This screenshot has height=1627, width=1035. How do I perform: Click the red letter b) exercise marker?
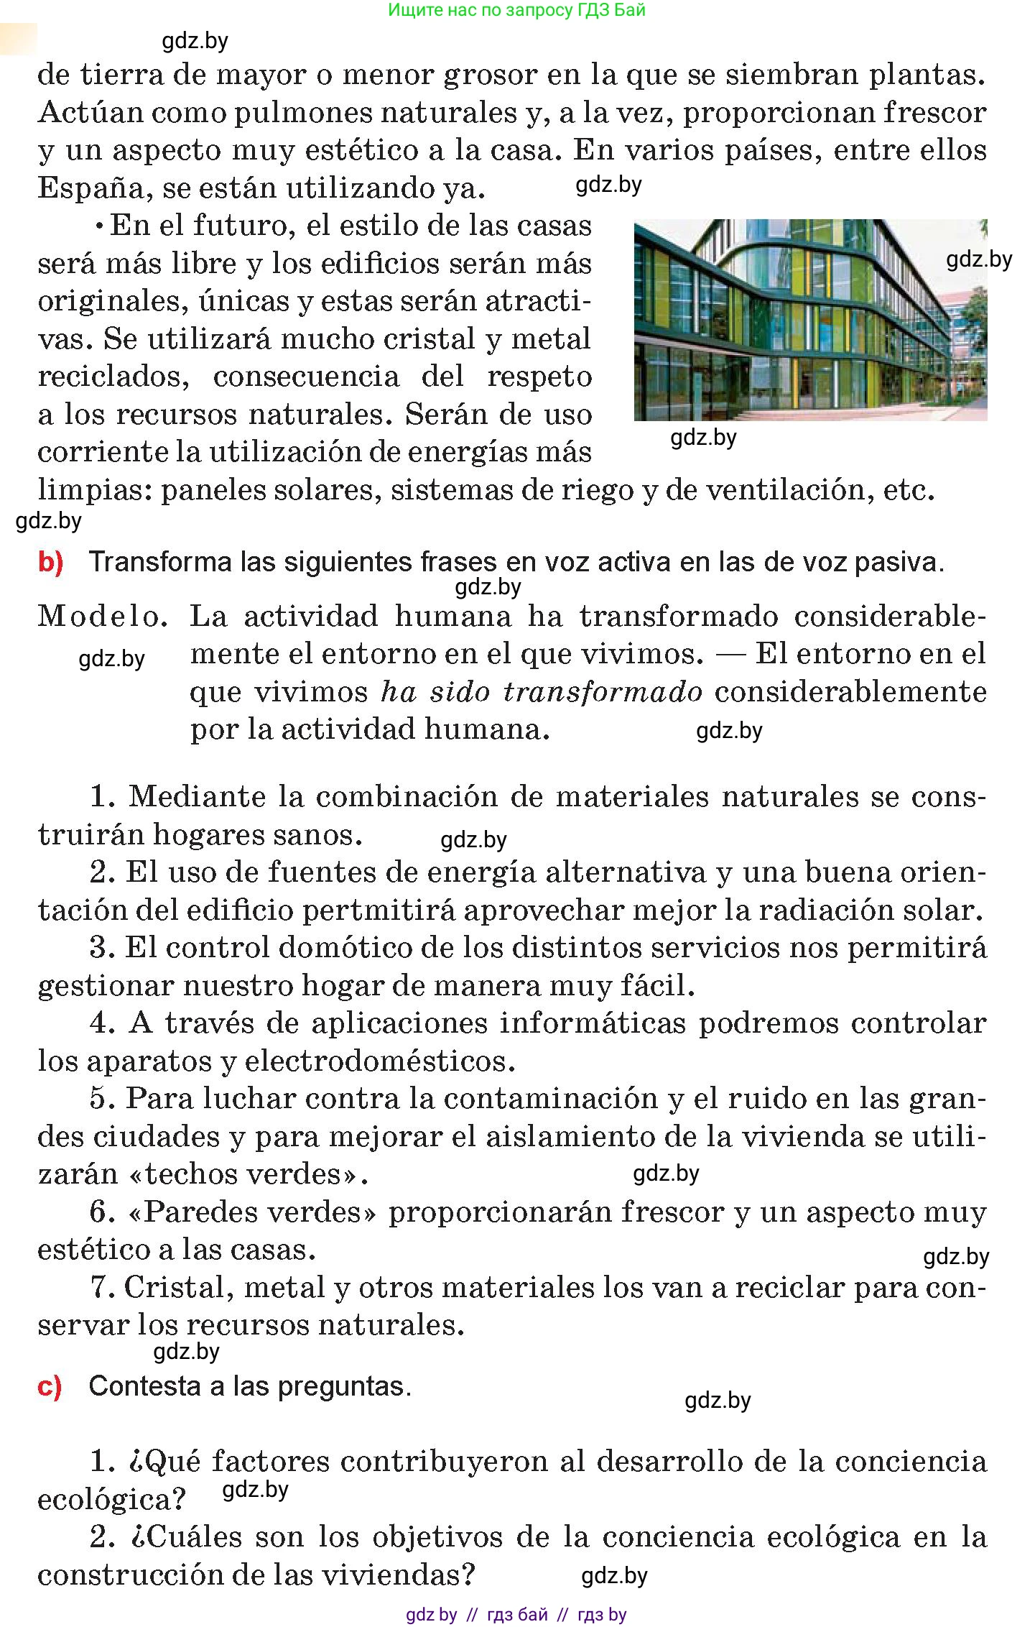[50, 563]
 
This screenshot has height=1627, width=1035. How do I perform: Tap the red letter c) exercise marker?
[50, 1386]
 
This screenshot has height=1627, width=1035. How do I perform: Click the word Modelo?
[103, 616]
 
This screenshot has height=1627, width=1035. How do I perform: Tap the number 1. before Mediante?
[103, 796]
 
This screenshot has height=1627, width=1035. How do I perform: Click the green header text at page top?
[517, 10]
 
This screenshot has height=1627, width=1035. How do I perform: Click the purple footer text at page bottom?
[516, 1615]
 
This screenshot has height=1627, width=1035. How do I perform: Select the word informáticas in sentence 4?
[593, 1023]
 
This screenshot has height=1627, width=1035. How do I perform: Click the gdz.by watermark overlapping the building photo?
[978, 260]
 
